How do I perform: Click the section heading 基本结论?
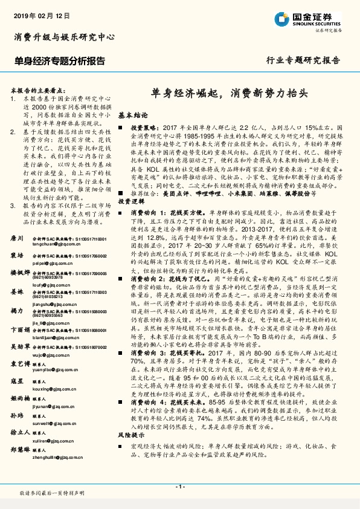pos(132,114)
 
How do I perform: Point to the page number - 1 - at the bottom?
pos(179,487)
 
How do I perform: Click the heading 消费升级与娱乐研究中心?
pos(64,37)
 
